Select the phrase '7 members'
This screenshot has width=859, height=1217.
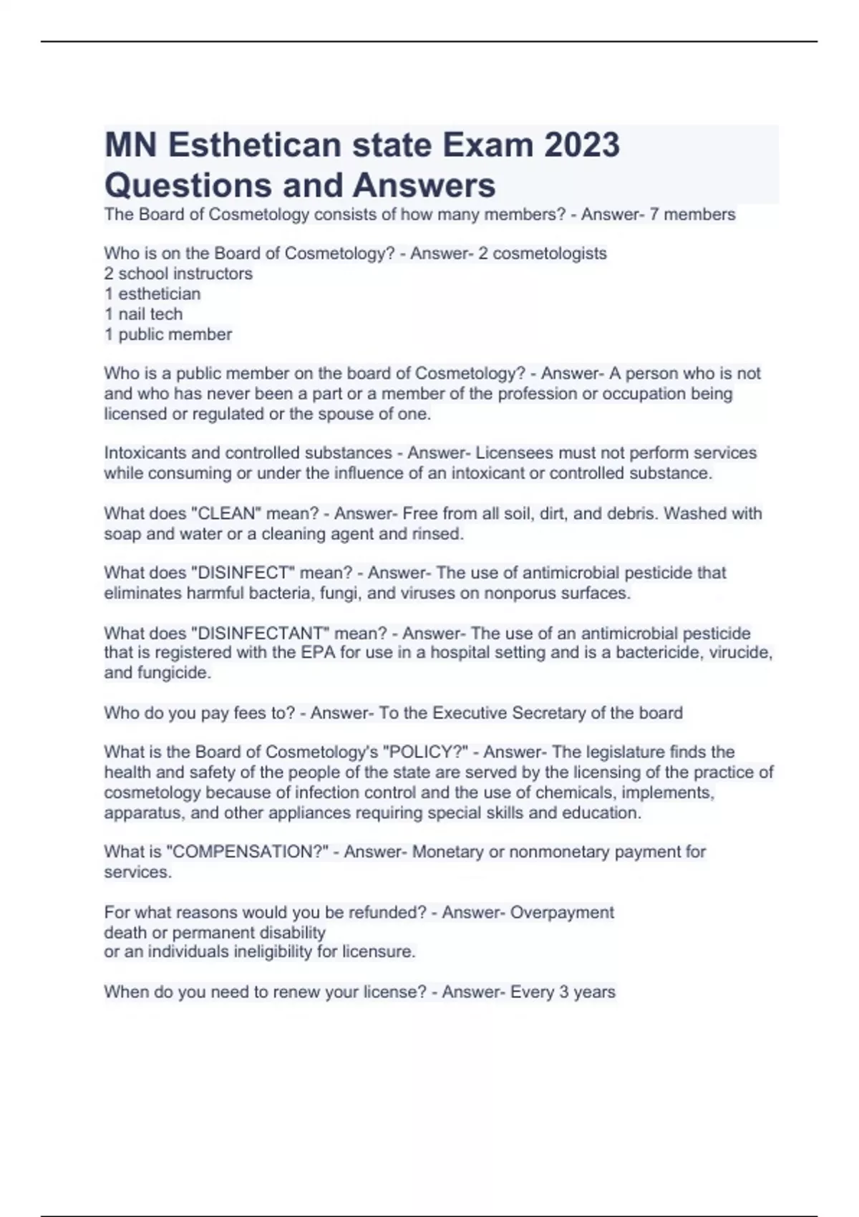[x=692, y=214]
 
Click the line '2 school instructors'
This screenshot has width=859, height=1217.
[x=178, y=273]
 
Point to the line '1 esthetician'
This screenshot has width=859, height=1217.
[x=152, y=294]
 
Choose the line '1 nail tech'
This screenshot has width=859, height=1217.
[x=143, y=314]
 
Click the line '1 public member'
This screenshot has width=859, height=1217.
[x=168, y=334]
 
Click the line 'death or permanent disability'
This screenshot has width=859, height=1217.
[x=215, y=933]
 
